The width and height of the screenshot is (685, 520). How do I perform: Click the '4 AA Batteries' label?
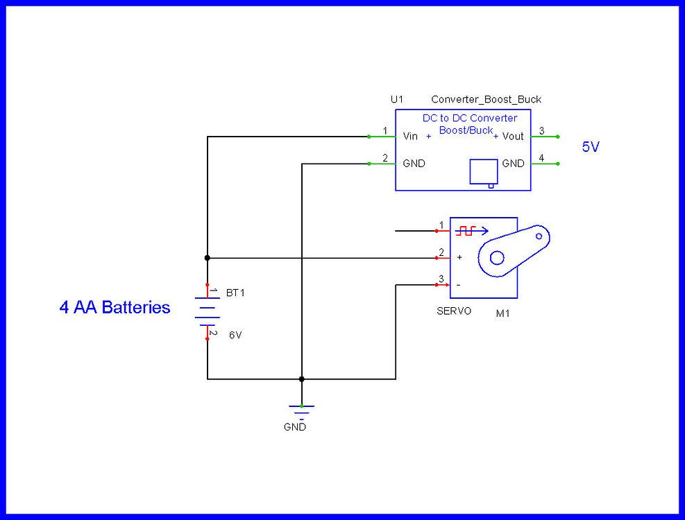point(115,307)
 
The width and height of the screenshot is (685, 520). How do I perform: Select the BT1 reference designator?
point(235,293)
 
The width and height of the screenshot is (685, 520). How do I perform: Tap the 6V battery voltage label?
point(236,335)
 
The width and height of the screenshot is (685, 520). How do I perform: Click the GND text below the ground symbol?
point(294,427)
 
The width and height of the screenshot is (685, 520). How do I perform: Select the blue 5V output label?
point(590,147)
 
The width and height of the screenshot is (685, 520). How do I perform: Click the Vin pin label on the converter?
point(410,137)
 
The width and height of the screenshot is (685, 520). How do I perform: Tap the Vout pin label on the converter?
point(513,137)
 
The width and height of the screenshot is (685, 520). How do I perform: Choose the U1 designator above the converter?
point(396,100)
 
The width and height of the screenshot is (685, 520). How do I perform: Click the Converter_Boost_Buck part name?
point(486,100)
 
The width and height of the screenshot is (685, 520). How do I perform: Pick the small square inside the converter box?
point(483,171)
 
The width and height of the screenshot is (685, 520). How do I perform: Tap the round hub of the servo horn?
point(497,258)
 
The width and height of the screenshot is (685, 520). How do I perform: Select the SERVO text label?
point(453,311)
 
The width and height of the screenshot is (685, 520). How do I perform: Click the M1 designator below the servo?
point(503,313)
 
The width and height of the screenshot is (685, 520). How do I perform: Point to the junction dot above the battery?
point(207,258)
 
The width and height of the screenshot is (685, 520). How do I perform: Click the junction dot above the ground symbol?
point(301,379)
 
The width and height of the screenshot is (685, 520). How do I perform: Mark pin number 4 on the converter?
point(541,158)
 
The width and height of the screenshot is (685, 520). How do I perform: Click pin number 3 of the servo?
point(440,279)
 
